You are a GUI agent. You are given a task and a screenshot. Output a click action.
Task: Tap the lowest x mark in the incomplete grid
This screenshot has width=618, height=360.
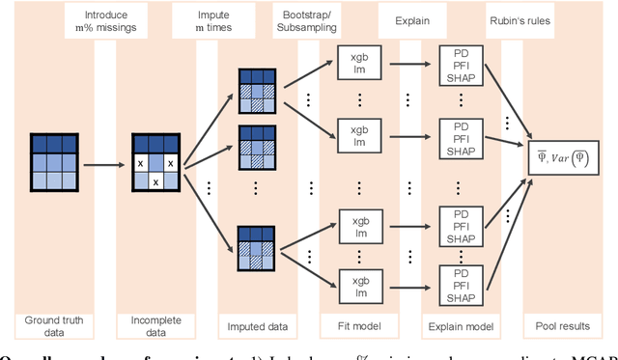155,181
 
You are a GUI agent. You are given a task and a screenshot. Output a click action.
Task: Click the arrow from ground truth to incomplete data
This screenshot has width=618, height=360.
106,164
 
